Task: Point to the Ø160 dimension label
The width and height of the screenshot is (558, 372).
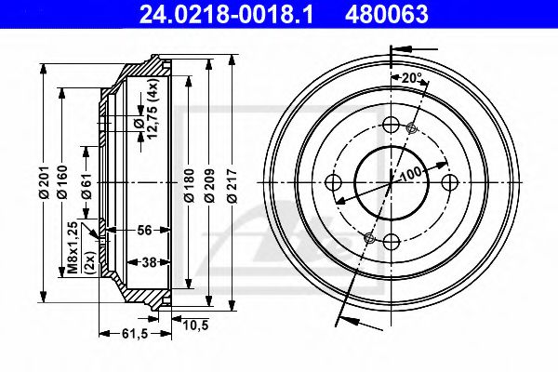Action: point(64,181)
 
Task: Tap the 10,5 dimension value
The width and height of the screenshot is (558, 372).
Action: point(194,324)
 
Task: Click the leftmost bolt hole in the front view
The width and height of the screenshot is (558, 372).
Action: point(335,182)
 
